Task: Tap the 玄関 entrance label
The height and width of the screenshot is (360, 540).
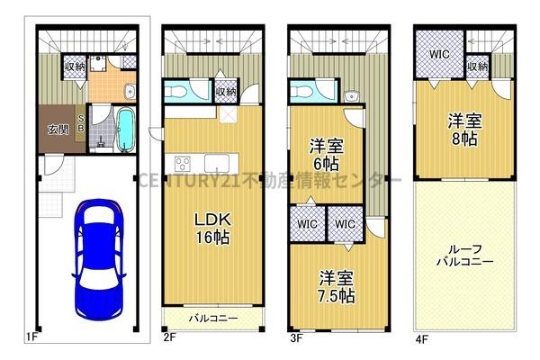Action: tap(57, 130)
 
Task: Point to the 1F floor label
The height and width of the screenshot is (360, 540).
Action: tap(31, 339)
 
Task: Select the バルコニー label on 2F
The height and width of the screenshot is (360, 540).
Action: tap(213, 318)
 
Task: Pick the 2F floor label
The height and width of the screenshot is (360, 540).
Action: tap(170, 339)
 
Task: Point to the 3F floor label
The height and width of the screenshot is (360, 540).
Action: tap(297, 339)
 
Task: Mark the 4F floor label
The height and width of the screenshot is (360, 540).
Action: tap(422, 339)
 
